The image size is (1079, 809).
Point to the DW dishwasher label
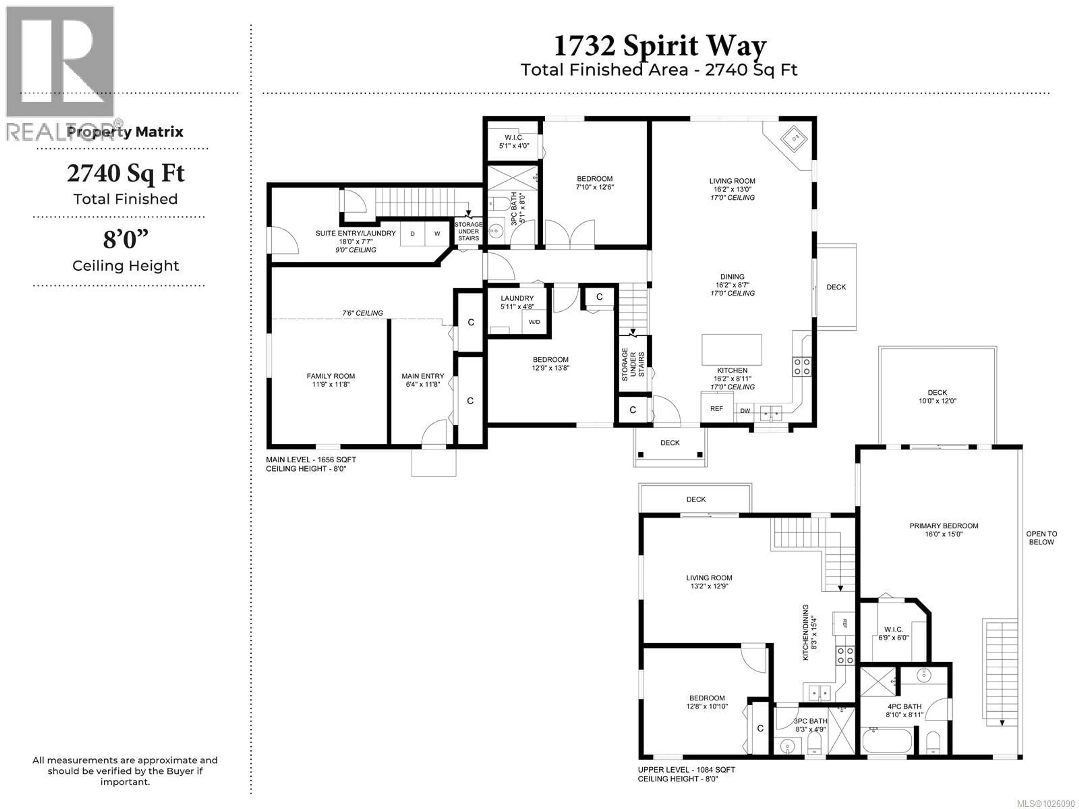click(x=745, y=411)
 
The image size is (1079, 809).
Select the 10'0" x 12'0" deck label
click(x=937, y=397)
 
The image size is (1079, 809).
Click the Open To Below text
click(x=1041, y=538)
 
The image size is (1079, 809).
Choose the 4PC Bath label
click(x=905, y=710)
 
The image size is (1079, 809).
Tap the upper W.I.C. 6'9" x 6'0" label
click(x=893, y=633)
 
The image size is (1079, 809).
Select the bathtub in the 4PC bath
click(x=886, y=741)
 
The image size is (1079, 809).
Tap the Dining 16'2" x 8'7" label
click(x=732, y=284)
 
